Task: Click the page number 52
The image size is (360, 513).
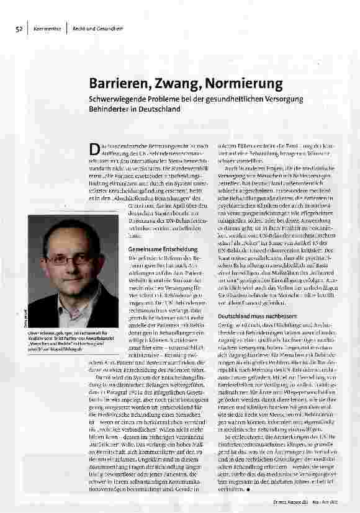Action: pos(19,29)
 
